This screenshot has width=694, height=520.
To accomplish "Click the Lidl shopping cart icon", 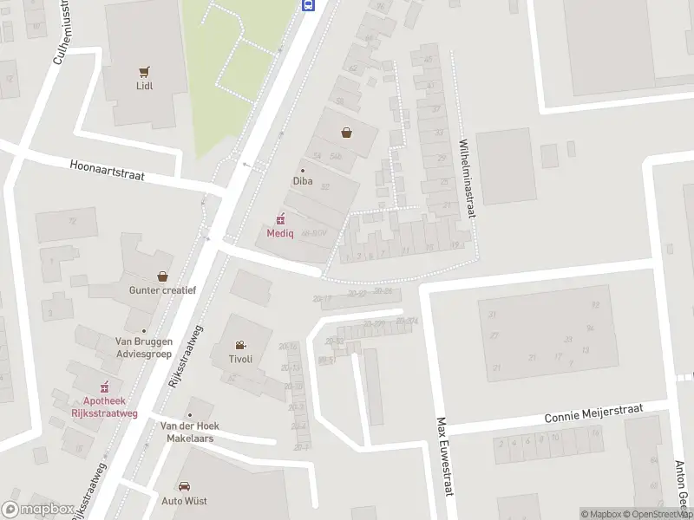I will coord(144,72).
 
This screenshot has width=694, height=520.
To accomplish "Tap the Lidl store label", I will coord(144,87).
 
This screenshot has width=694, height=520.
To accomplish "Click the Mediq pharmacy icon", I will coord(280,218).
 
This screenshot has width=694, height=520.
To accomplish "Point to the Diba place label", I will coord(302,182).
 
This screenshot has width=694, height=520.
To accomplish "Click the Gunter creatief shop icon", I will coord(162,276).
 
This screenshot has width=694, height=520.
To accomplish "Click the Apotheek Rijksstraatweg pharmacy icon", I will coord(105,387).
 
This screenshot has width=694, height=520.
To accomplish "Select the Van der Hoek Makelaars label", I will coord(190,432).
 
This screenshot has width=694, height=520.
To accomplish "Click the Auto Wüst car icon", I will coord(184,486).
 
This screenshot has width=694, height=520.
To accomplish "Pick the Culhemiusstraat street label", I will coord(62,32).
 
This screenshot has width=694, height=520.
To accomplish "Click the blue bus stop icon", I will coord(308,4).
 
